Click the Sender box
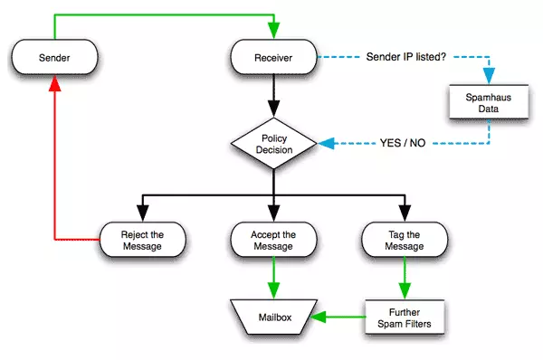coord(55,59)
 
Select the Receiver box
coord(274,59)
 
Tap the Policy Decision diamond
coord(274,144)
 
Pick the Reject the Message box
coord(143,240)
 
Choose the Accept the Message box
coord(274,240)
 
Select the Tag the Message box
coord(405,240)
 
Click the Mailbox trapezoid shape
coord(274,317)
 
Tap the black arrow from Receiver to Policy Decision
coord(274,96)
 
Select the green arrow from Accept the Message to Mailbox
coord(274,276)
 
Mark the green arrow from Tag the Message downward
coord(405,276)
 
